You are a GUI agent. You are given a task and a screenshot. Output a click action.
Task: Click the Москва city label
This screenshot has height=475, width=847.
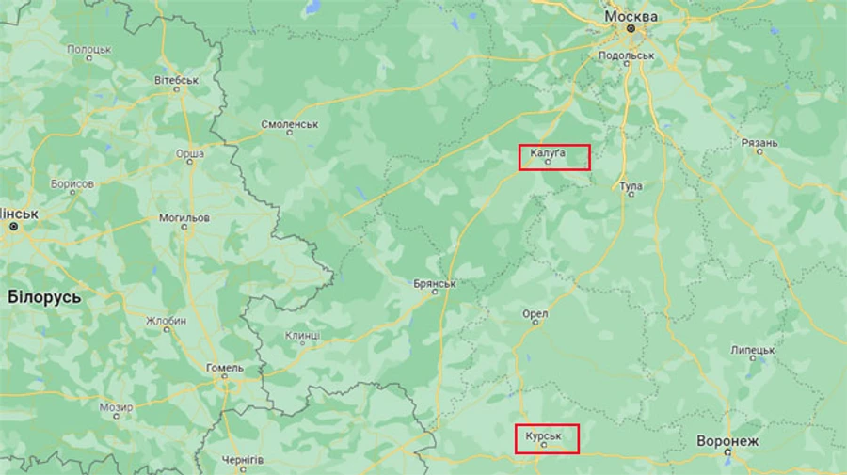(x=631, y=17)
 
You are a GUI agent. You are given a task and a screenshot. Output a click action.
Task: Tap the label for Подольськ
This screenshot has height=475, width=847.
(x=626, y=55)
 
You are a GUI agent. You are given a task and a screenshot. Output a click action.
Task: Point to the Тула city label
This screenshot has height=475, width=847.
(x=631, y=186)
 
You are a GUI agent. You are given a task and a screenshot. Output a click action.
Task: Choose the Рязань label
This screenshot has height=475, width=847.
(x=759, y=143)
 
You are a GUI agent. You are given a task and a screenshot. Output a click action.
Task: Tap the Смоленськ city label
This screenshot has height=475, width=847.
(x=290, y=123)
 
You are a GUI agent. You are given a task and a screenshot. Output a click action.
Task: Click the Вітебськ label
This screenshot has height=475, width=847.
(x=176, y=81)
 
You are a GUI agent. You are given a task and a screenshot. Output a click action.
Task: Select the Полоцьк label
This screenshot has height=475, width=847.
(x=88, y=48)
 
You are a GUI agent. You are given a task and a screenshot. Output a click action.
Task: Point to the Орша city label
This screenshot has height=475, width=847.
(x=190, y=152)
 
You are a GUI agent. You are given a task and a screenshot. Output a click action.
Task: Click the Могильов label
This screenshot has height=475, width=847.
(x=184, y=217)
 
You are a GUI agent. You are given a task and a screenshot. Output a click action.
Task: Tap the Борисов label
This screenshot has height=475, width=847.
(x=72, y=183)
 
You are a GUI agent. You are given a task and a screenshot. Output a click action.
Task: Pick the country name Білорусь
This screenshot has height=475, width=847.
(x=44, y=297)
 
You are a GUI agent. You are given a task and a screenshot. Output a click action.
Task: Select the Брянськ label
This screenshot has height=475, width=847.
(x=435, y=283)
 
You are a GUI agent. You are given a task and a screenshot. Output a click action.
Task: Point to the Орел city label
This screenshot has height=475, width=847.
(x=535, y=313)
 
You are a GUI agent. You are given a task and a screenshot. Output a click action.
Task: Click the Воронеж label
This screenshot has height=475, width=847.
(x=727, y=440)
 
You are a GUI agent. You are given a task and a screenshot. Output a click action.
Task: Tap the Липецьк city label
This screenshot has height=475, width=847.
(x=752, y=350)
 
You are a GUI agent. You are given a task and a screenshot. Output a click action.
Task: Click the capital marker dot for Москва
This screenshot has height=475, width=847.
(x=631, y=30)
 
